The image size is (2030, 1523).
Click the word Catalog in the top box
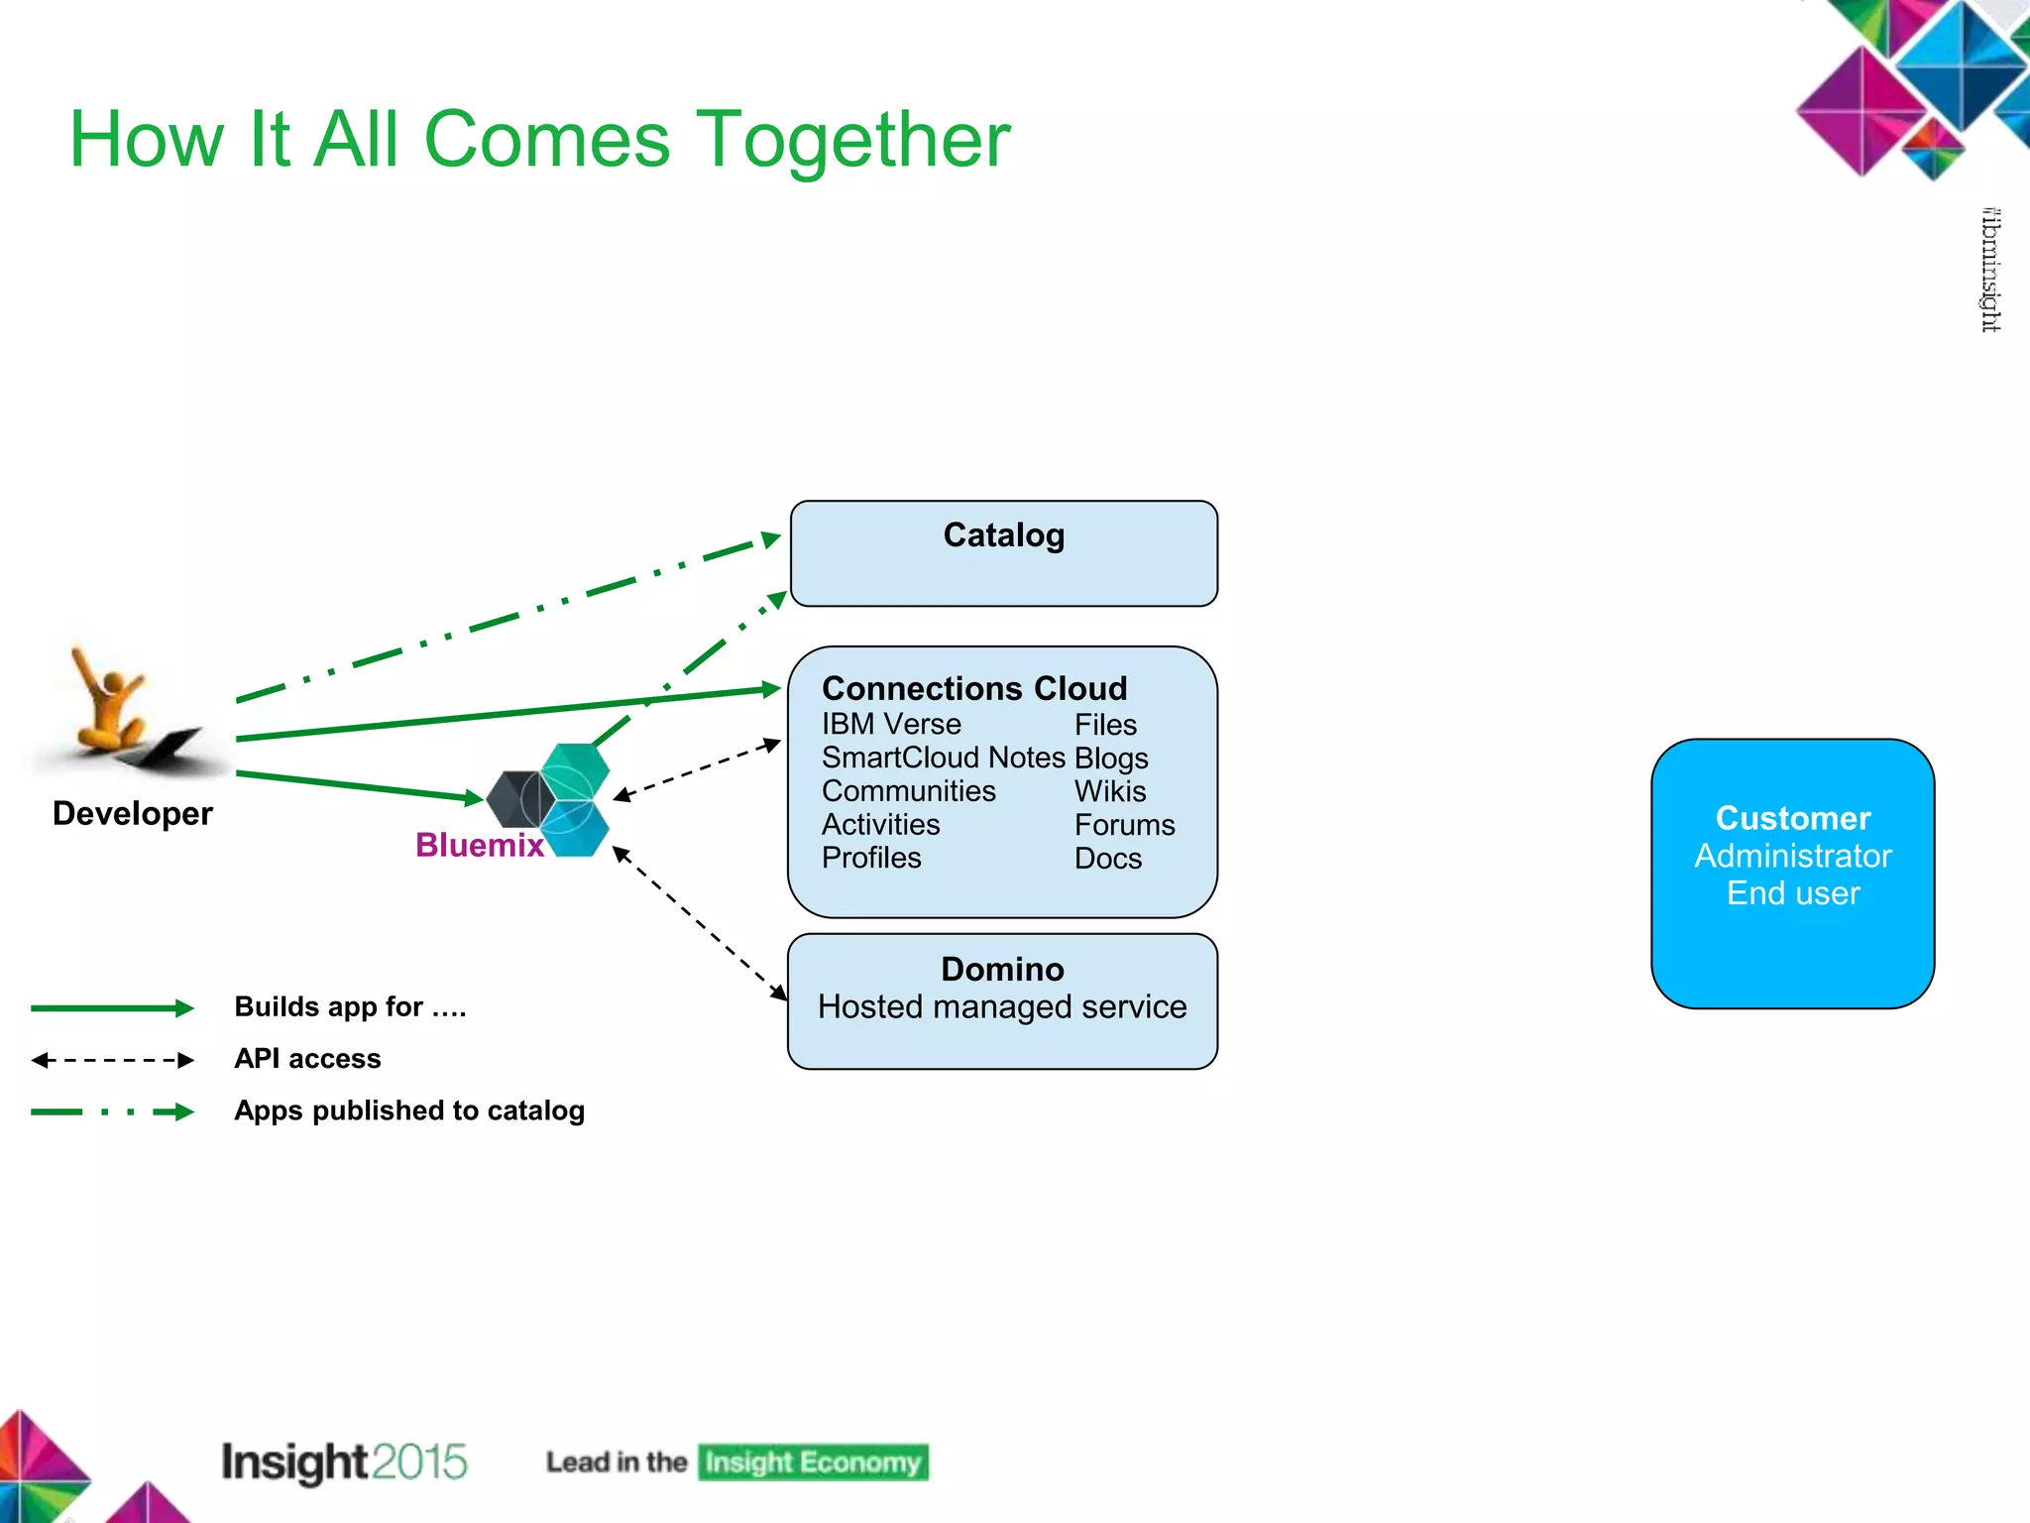1003,535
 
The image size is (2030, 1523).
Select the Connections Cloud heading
973,688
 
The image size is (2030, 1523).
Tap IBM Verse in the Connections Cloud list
890,725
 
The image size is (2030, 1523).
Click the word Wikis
1109,791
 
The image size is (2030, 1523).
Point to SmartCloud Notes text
943,758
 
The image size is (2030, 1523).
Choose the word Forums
1124,825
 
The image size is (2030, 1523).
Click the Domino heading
1002,969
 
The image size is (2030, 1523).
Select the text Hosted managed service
1002,1007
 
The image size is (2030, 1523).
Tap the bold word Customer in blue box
1792,818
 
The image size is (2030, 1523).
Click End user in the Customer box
1792,893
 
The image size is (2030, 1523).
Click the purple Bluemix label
479,845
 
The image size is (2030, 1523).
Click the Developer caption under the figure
132,813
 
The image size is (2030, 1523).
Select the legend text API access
307,1059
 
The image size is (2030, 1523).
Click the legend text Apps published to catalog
408,1111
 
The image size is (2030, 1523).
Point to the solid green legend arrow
111,1008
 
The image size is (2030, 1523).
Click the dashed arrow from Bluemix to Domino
699,922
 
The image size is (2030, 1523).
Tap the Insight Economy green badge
813,1463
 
